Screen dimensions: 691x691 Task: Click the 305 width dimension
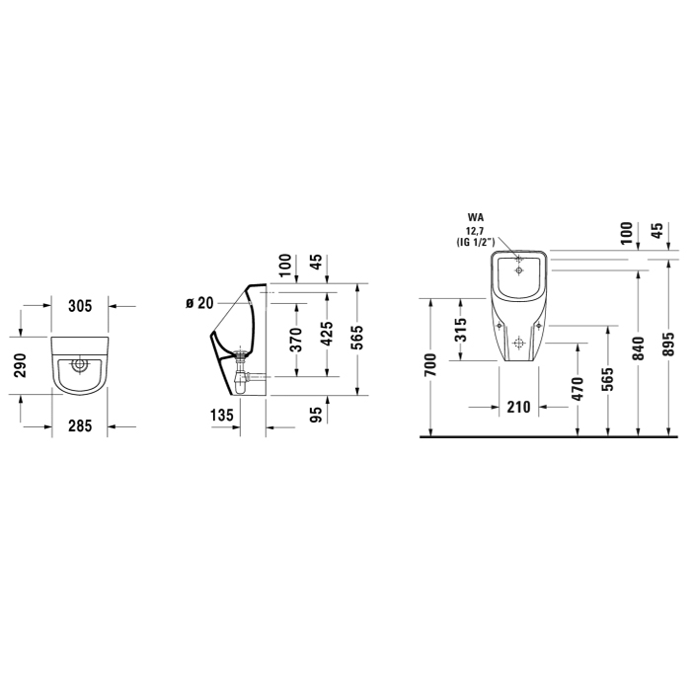click(80, 305)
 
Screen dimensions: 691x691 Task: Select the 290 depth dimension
click(21, 365)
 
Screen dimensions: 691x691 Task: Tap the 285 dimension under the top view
click(80, 425)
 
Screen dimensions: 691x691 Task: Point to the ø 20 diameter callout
click(199, 303)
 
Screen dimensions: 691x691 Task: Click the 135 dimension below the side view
click(221, 415)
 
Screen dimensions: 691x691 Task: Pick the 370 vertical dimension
click(297, 339)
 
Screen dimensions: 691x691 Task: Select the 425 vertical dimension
click(327, 334)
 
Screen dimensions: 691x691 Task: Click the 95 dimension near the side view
click(317, 415)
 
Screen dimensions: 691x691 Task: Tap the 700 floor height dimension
click(430, 365)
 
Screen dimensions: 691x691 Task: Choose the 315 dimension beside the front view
click(461, 330)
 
